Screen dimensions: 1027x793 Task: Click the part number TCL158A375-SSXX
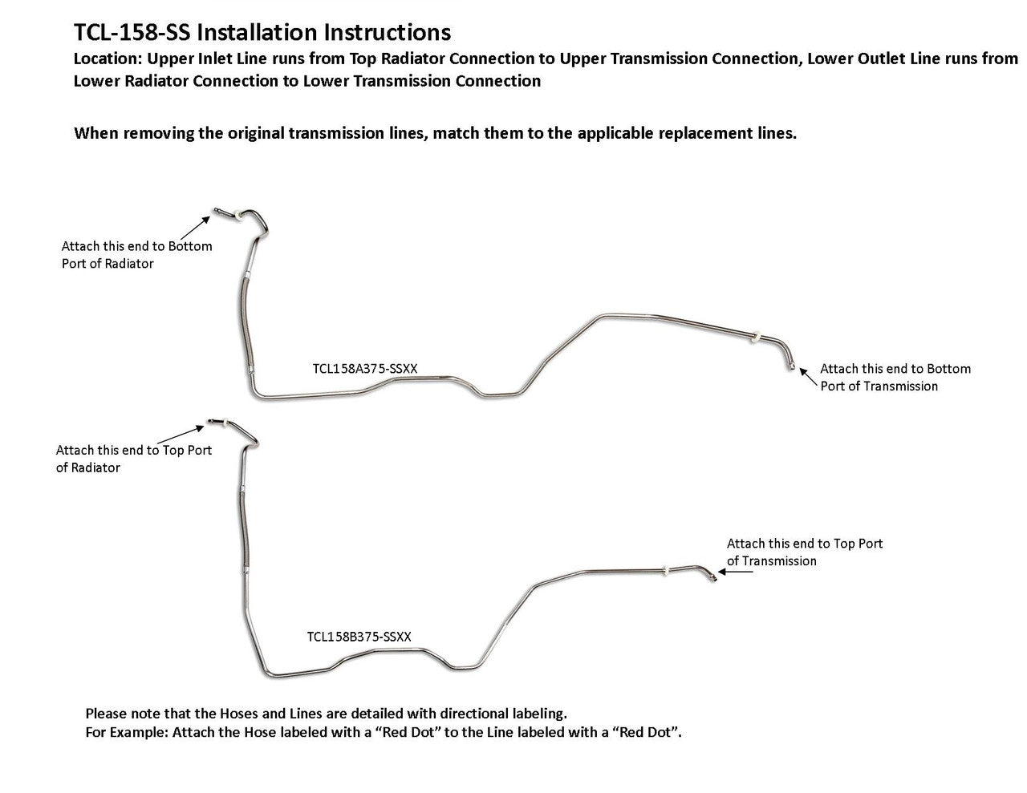click(x=364, y=368)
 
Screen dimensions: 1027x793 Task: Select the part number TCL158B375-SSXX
click(x=359, y=637)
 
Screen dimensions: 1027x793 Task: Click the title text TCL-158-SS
click(x=132, y=33)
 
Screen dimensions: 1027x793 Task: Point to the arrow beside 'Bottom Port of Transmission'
click(x=808, y=378)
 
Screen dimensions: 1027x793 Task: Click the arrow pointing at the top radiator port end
click(x=180, y=434)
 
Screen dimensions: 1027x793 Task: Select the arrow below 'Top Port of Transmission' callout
click(x=736, y=572)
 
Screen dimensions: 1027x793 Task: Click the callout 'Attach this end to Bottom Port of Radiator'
click(x=136, y=254)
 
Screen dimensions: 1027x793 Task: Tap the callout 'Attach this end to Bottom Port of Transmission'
click(x=895, y=378)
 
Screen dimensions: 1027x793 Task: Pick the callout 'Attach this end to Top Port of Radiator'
click(x=134, y=459)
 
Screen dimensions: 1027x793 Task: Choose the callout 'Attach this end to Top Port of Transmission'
click(x=805, y=552)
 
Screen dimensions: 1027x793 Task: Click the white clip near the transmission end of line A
click(x=756, y=338)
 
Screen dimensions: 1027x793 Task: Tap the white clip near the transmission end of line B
click(x=666, y=571)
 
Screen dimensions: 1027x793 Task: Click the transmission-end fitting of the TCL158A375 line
click(x=790, y=365)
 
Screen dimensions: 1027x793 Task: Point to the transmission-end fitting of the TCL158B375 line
click(x=712, y=577)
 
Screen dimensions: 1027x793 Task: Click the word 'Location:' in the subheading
click(x=108, y=59)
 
